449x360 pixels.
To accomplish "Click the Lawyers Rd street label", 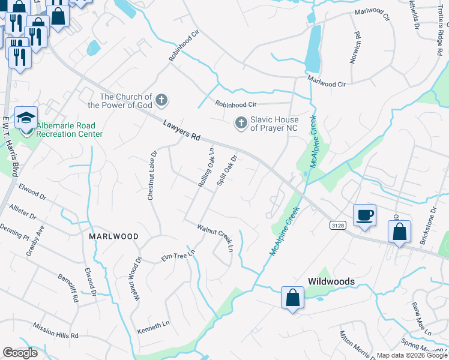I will [x=181, y=130].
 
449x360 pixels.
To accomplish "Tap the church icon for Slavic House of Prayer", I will [x=241, y=123].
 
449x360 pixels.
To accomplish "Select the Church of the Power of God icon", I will [x=161, y=100].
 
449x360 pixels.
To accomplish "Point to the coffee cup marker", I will [x=365, y=215].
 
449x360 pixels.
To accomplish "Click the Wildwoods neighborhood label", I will [x=331, y=281].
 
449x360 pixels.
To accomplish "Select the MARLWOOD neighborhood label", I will [x=113, y=236].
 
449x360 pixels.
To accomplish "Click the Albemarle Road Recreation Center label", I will [x=69, y=130].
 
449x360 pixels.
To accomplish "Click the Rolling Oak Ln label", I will [x=205, y=167].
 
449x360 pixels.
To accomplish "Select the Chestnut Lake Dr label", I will [x=152, y=175].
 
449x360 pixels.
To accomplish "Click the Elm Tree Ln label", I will [x=178, y=257].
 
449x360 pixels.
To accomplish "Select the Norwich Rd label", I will [x=355, y=47].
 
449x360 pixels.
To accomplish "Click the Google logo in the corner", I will [x=20, y=353].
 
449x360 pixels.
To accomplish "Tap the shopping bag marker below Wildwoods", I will [x=292, y=298].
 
